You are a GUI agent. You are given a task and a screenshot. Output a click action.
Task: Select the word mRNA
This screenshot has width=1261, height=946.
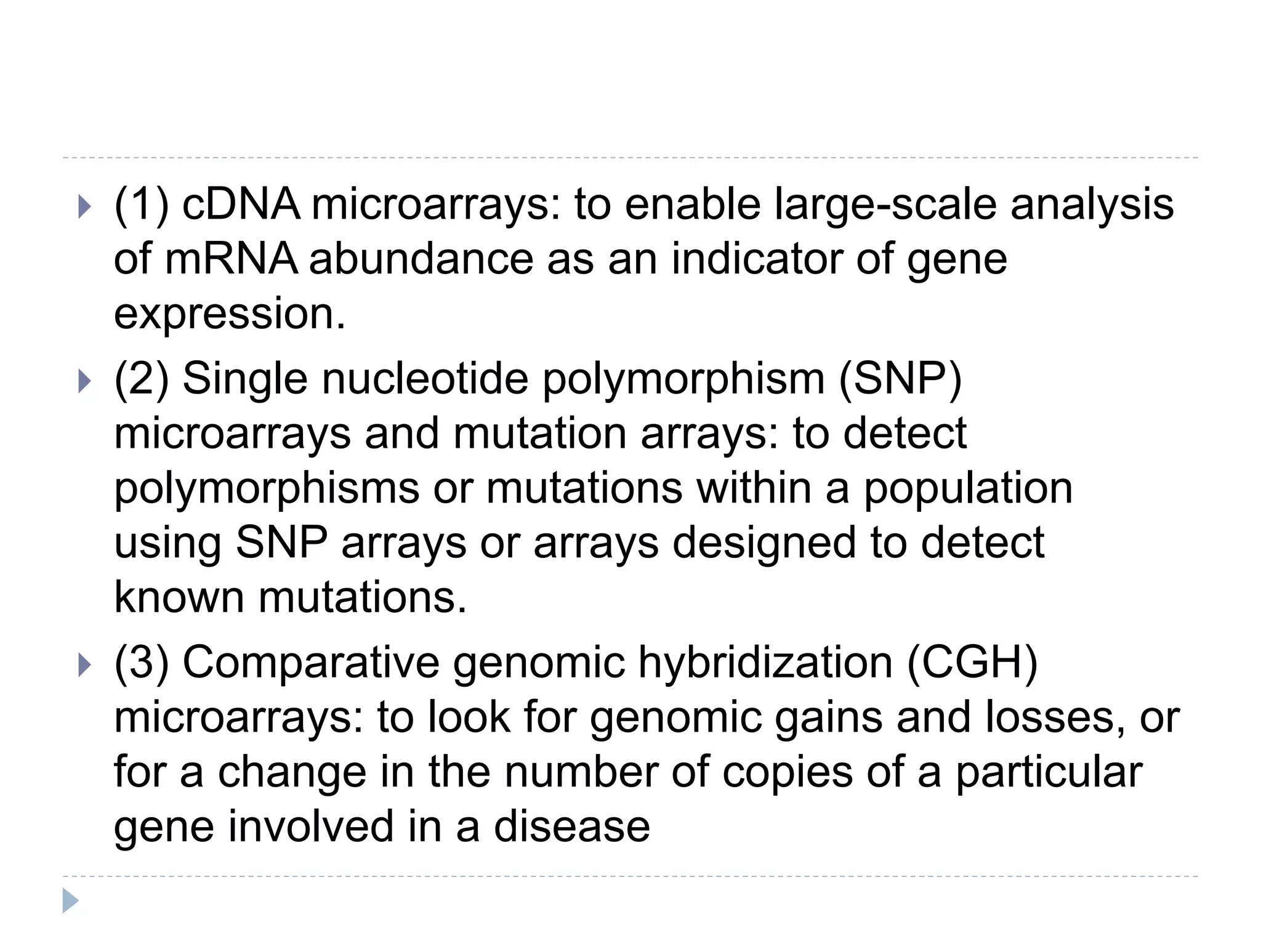[x=231, y=259]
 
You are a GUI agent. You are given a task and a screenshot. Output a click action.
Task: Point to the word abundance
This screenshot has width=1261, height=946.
[x=421, y=259]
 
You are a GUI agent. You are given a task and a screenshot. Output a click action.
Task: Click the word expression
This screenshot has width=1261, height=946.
[x=230, y=314]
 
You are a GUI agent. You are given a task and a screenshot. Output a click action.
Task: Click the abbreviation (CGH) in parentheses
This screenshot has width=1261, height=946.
[x=972, y=663]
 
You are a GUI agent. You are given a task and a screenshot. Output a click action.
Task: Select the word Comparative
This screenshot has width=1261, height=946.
[x=311, y=663]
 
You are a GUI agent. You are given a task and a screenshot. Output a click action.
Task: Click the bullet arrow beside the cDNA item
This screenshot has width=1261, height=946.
[x=85, y=207]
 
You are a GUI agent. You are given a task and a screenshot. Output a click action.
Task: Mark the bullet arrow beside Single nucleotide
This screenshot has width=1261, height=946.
[x=85, y=381]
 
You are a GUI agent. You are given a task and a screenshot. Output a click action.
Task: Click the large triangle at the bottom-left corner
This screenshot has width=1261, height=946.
[x=70, y=900]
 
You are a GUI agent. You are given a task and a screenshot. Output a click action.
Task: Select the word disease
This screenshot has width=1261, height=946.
[x=571, y=827]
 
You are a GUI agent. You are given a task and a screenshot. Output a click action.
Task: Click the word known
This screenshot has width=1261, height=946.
[x=179, y=597]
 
